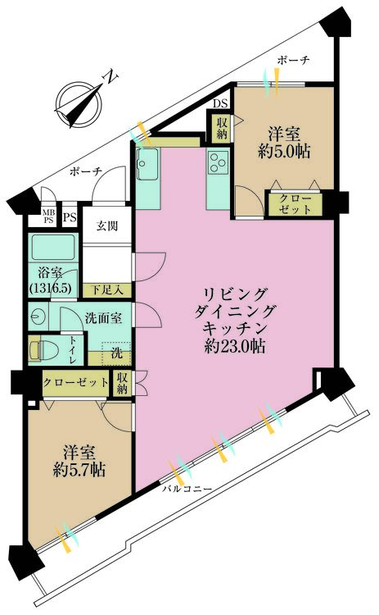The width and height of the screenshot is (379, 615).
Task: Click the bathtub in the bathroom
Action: pos(53,247)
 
